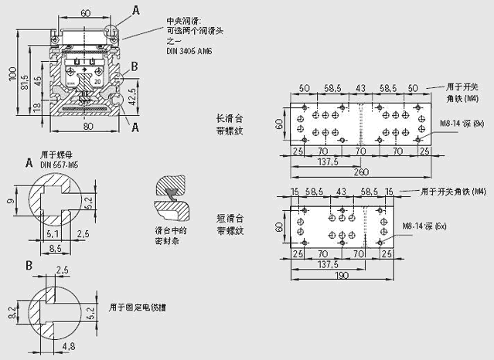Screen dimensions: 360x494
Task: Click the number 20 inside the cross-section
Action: [97, 80]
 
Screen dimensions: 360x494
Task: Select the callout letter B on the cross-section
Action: [135, 66]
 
